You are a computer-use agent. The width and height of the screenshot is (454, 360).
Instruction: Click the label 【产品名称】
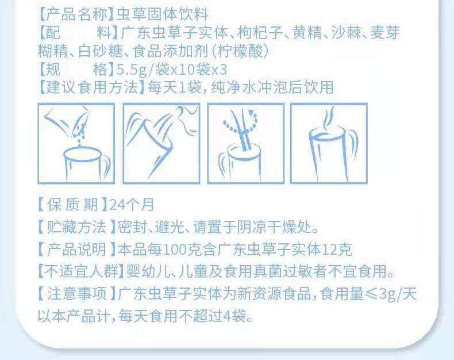coord(76,14)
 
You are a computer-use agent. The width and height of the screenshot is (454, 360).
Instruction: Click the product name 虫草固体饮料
coord(162,14)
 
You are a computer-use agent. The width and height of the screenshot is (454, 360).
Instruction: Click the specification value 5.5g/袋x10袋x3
coord(172,70)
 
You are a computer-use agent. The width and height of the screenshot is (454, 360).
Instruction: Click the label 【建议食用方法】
coord(92,87)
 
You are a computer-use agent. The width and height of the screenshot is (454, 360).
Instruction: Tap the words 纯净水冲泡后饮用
coord(272,87)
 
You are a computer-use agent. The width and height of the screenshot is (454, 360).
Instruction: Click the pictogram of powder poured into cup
coord(76,143)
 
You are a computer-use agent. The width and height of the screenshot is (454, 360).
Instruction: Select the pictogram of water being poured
coord(161,143)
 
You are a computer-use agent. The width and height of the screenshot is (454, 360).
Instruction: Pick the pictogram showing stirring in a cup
coord(246,143)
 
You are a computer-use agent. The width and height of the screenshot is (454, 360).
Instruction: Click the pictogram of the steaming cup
coord(329,143)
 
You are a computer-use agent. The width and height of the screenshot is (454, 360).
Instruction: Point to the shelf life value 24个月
coord(132,205)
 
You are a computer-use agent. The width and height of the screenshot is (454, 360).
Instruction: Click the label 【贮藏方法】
coord(77,227)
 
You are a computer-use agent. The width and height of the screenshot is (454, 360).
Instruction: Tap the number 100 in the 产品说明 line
coord(175,249)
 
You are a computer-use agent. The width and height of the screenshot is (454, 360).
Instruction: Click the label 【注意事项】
coord(78,294)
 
